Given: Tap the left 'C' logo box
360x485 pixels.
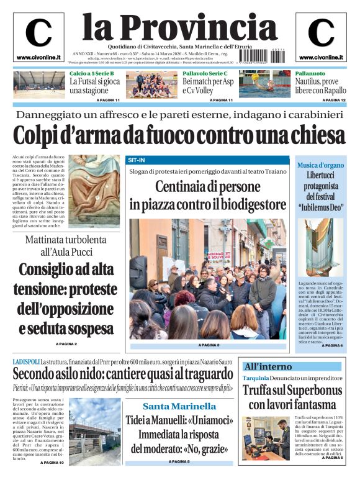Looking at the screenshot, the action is (38, 36).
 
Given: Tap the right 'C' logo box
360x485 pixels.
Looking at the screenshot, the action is (321, 36).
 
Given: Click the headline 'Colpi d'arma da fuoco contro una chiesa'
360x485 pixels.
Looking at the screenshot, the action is (179, 135).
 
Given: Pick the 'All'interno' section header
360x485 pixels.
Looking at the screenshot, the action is (268, 366).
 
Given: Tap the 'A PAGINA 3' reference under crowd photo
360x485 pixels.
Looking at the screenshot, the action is (209, 345).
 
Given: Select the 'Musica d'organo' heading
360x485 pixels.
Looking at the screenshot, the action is (320, 165).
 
